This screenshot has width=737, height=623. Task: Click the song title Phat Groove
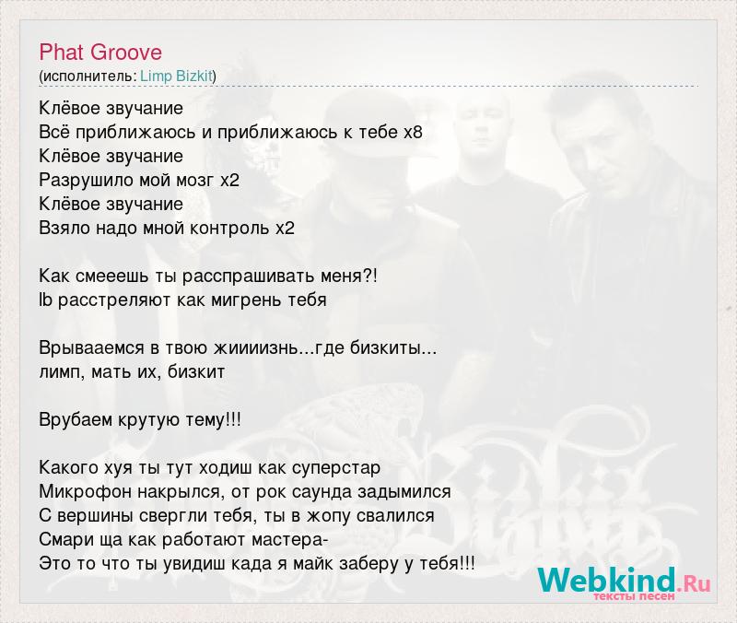click(100, 53)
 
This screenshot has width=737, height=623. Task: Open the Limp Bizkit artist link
click(176, 76)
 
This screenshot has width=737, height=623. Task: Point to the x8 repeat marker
click(413, 132)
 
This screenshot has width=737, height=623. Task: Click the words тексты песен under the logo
click(635, 596)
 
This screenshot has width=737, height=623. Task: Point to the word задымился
click(404, 492)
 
